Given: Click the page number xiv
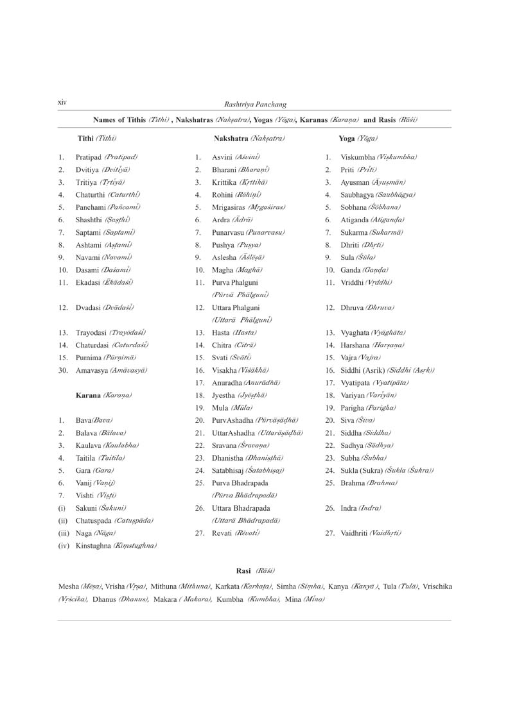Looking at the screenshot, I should click(x=62, y=102).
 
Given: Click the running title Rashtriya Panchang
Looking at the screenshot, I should click(x=254, y=104).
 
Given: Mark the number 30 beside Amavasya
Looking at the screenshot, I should click(x=62, y=370).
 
